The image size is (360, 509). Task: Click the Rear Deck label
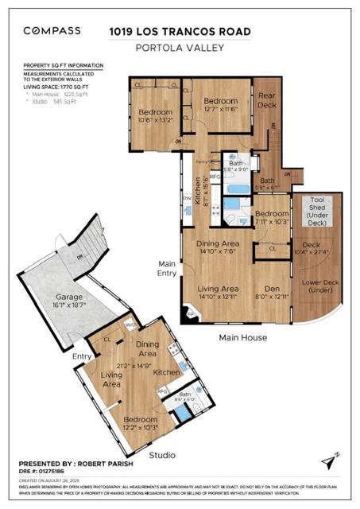pos(266,101)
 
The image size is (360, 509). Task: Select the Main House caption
pos(242,337)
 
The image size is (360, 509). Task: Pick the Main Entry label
pos(167,268)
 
